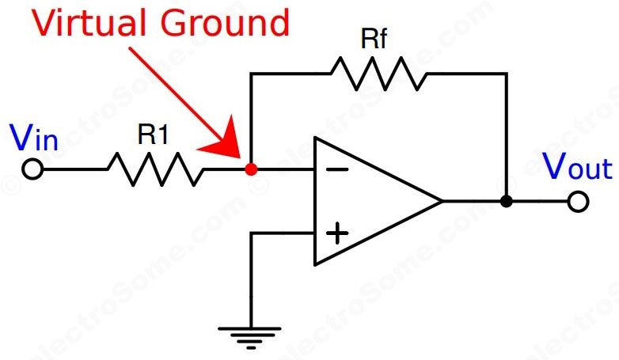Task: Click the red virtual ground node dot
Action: pyautogui.click(x=251, y=169)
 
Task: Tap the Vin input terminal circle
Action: pyautogui.click(x=32, y=169)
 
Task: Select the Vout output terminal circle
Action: pyautogui.click(x=579, y=202)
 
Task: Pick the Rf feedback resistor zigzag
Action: pyautogui.click(x=378, y=74)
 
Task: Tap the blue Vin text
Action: pyautogui.click(x=34, y=139)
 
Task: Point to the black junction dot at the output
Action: pyautogui.click(x=507, y=202)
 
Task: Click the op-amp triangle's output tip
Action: pyautogui.click(x=441, y=201)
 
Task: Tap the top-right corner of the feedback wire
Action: pyautogui.click(x=507, y=74)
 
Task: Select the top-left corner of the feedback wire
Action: pyautogui.click(x=251, y=74)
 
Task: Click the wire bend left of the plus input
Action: pyautogui.click(x=251, y=233)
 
